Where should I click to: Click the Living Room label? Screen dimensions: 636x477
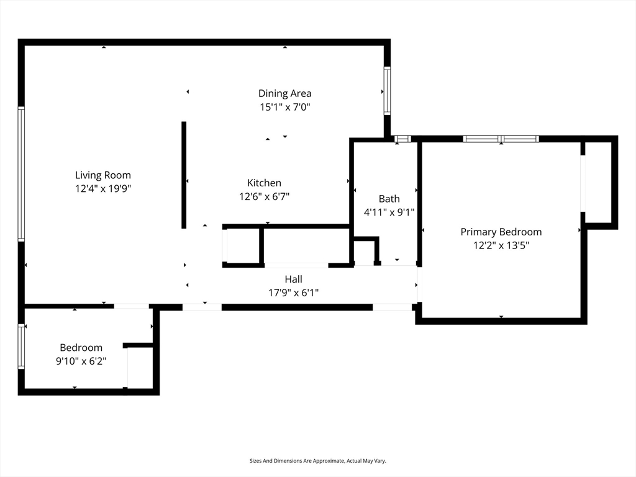(x=103, y=175)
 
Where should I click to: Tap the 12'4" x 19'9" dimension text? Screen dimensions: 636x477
(x=103, y=189)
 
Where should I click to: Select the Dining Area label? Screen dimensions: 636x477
(x=284, y=94)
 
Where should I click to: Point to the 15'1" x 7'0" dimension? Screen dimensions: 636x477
(x=284, y=107)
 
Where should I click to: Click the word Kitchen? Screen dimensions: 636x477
(x=264, y=183)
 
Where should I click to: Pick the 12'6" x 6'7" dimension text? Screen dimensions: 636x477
(x=264, y=197)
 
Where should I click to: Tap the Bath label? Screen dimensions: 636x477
(x=389, y=199)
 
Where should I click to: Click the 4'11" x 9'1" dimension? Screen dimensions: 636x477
(x=389, y=212)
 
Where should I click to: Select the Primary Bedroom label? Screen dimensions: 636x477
(x=501, y=232)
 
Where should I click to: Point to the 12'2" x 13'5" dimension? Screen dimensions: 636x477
(x=501, y=245)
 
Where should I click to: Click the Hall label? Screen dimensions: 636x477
(x=293, y=279)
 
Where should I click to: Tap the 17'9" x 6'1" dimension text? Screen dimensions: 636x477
(x=293, y=293)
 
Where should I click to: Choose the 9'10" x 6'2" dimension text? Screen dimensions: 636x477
(x=81, y=361)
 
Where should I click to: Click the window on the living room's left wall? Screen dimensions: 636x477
(x=21, y=174)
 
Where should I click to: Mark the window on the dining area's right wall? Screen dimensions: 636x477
(x=388, y=91)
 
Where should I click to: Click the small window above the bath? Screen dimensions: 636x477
(x=402, y=139)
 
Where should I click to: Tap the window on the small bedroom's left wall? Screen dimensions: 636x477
(x=21, y=346)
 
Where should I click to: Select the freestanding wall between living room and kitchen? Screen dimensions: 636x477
(x=184, y=175)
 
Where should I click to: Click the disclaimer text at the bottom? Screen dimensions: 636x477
(x=317, y=461)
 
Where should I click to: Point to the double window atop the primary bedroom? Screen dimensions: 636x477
(x=501, y=139)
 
